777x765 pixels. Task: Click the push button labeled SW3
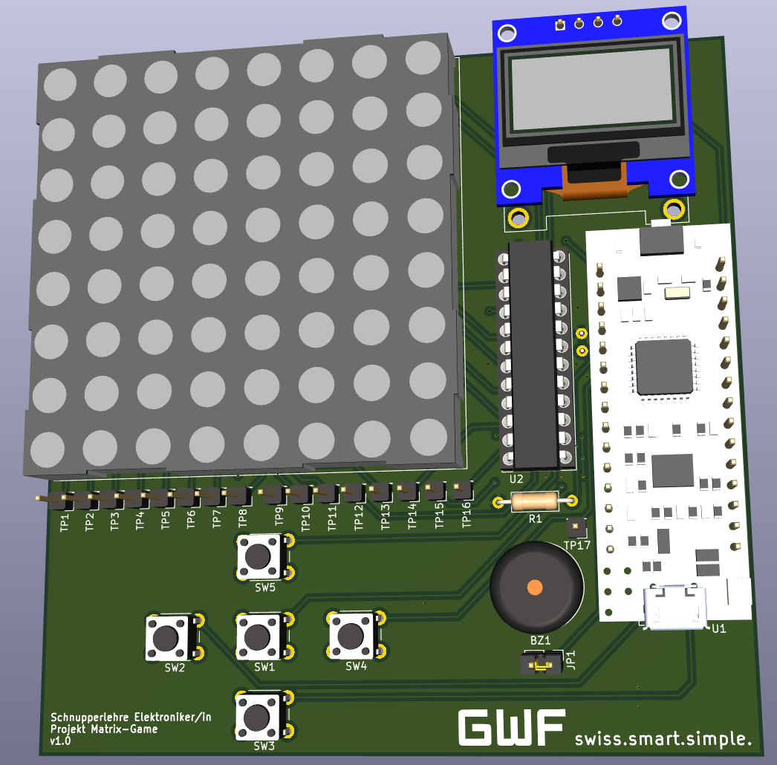[x=257, y=716]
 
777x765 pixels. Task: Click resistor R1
[x=536, y=501]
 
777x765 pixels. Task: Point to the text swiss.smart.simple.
[x=663, y=738]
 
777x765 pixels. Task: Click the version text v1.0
[x=60, y=741]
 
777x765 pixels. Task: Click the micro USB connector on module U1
[x=674, y=607]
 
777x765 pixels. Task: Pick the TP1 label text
[x=65, y=522]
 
